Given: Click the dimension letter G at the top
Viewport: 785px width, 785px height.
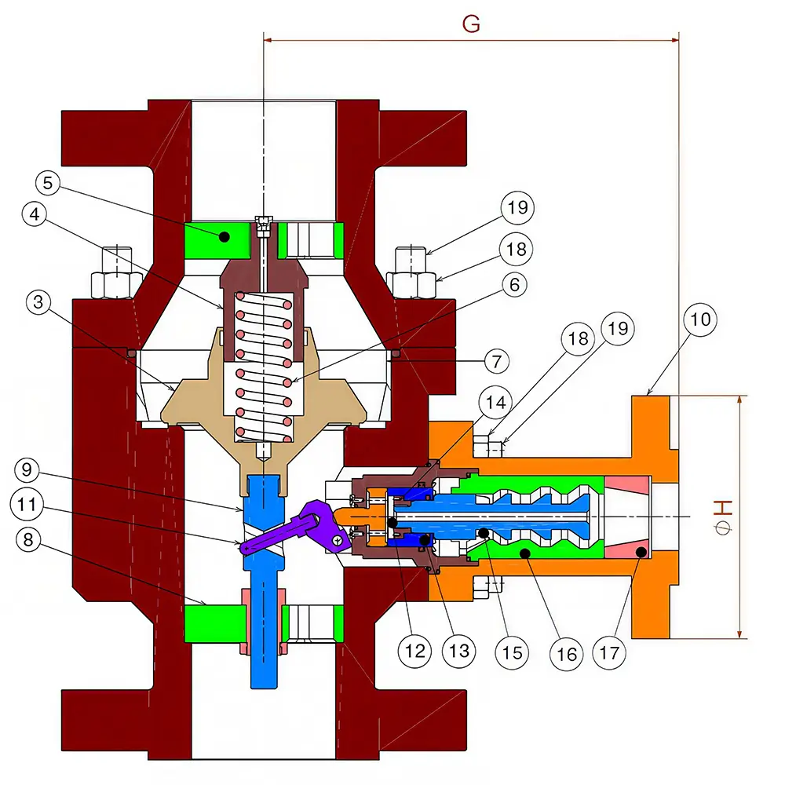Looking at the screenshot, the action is coord(471,24).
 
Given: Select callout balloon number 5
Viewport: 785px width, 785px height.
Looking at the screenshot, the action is coord(48,183).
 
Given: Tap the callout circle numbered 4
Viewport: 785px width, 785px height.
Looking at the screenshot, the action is coord(35,214).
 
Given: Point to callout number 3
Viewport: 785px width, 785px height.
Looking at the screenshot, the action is coord(38,302).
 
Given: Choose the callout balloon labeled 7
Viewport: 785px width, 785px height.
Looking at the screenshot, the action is coord(497,361).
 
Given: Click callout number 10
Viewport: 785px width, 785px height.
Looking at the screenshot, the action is coord(700,319).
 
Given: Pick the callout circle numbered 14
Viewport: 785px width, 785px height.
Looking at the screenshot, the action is coord(495,402).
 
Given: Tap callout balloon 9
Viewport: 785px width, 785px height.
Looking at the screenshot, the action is coord(27,469).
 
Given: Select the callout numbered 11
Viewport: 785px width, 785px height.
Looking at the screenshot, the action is coord(27,504).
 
